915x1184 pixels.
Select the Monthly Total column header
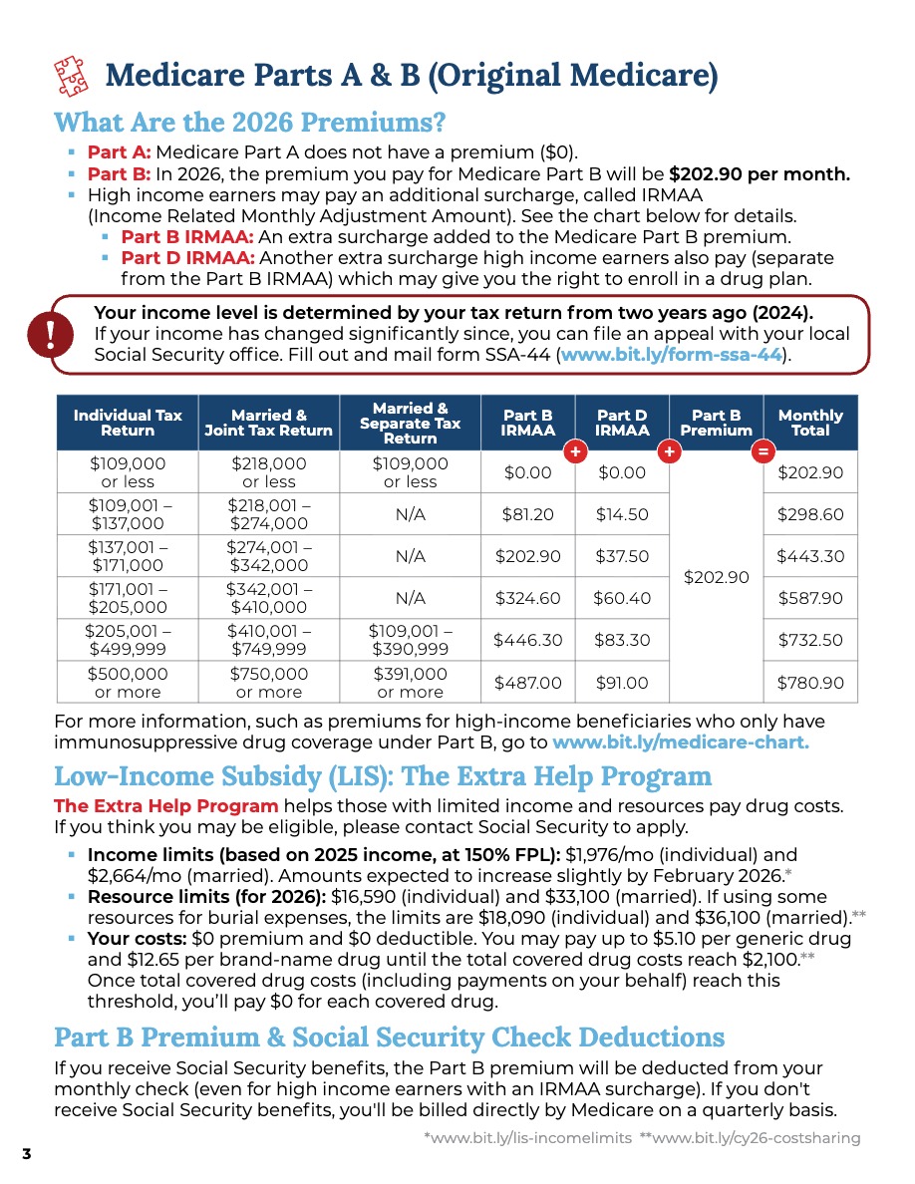click(x=809, y=423)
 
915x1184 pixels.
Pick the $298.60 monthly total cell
click(x=809, y=514)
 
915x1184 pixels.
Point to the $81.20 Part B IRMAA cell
click(x=527, y=514)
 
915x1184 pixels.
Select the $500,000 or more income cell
click(x=128, y=683)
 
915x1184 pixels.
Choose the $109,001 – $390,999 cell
click(x=410, y=640)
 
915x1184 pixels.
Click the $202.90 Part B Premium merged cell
click(x=716, y=577)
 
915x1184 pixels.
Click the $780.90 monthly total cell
click(x=809, y=683)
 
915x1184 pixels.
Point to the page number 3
click(x=27, y=1154)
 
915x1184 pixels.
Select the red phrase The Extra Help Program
click(x=165, y=805)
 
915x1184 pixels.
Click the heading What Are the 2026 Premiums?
click(x=249, y=124)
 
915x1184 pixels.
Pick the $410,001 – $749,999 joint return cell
click(x=268, y=640)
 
